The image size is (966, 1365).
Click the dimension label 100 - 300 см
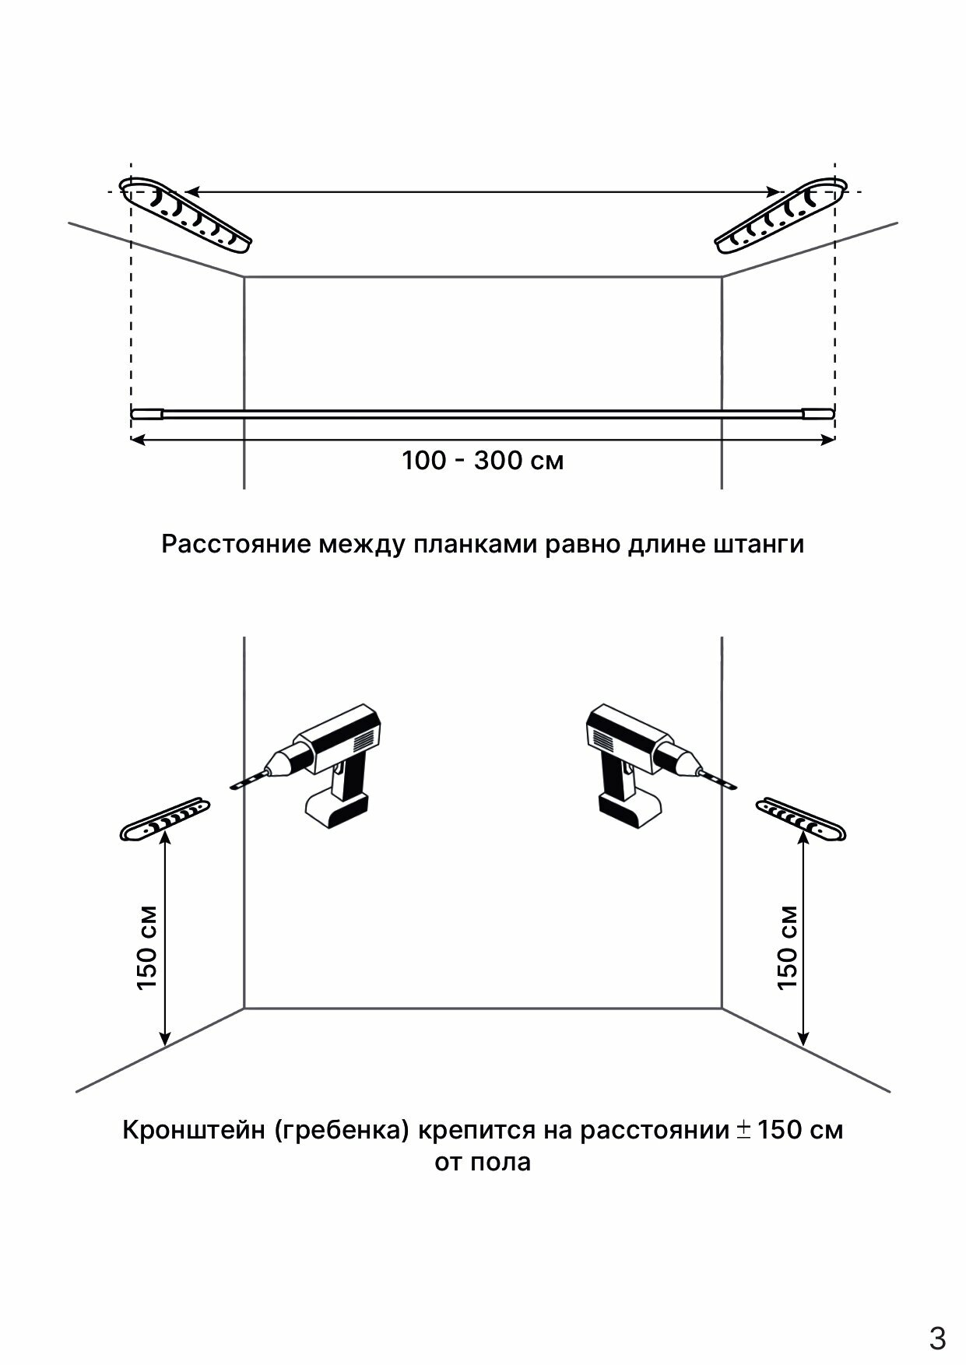[483, 461]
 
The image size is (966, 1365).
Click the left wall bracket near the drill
[165, 819]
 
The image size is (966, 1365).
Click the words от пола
[483, 1162]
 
